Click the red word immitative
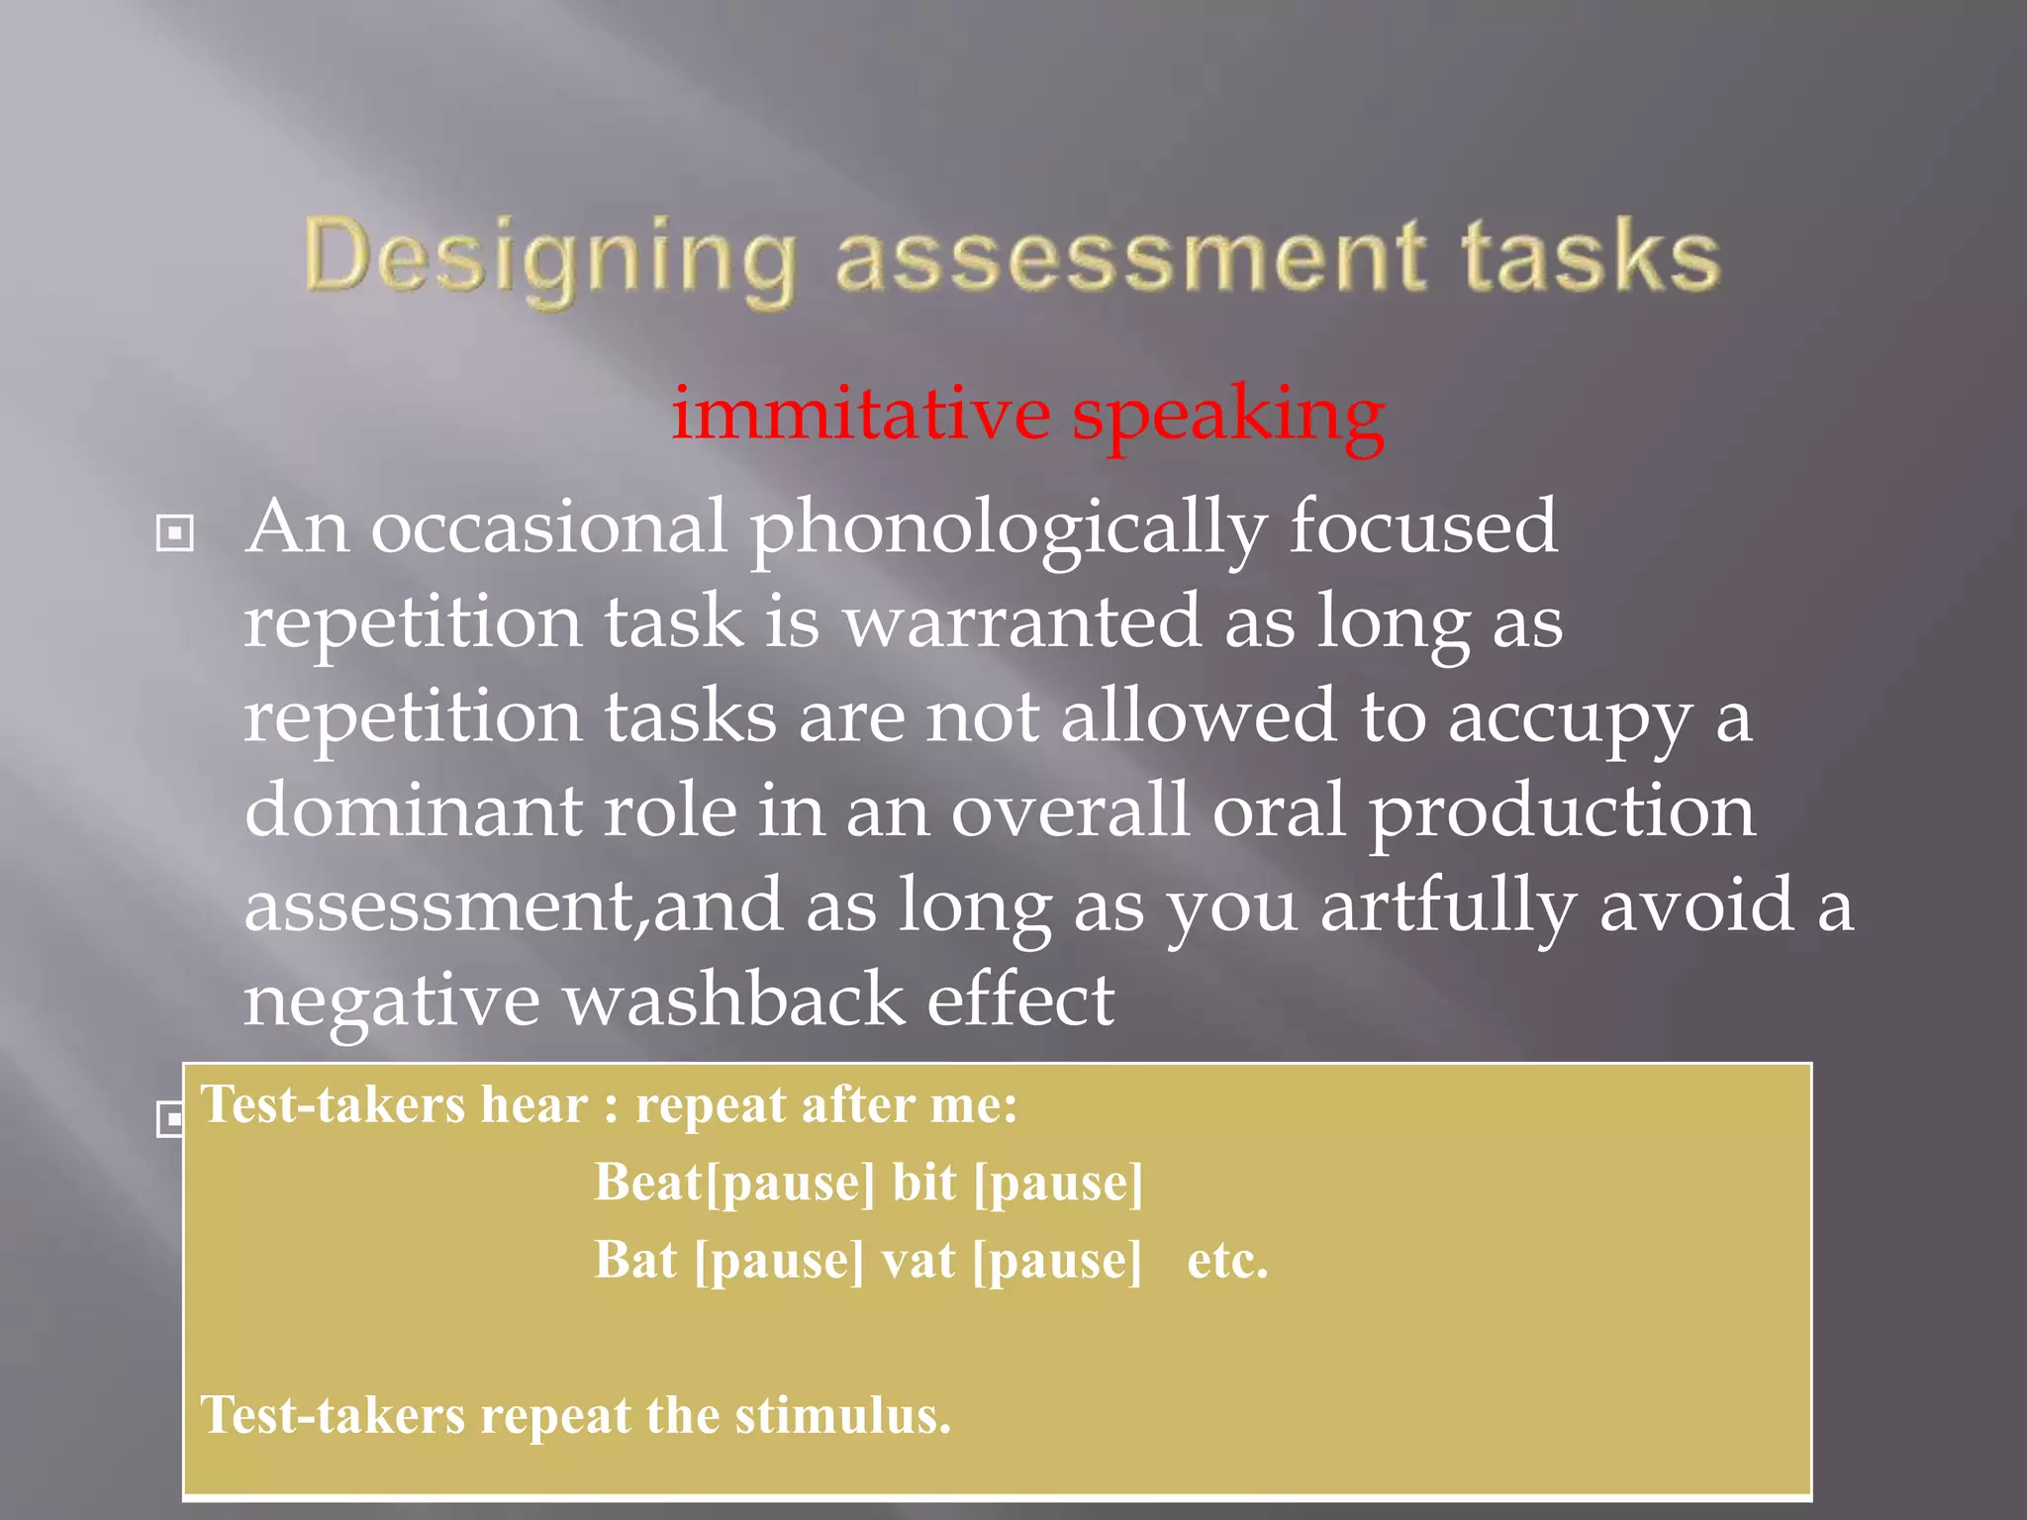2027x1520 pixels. tap(860, 414)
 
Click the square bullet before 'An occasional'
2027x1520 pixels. tap(175, 534)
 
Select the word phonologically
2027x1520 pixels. tap(1009, 529)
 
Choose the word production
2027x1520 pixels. tap(1562, 811)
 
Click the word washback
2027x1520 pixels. tap(732, 998)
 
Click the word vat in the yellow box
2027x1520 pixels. tap(918, 1261)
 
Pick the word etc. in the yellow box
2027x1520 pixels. tap(1227, 1261)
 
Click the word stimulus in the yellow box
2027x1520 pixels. tap(842, 1415)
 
